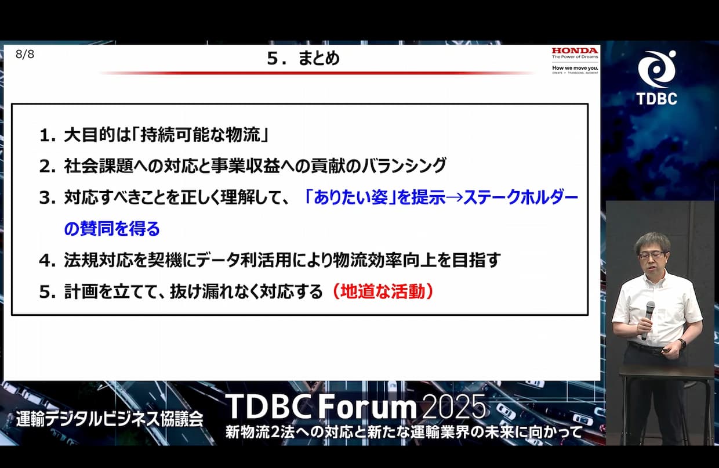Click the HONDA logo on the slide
tap(575, 51)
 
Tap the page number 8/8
tap(25, 55)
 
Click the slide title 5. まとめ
tap(303, 59)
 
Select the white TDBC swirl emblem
tap(657, 69)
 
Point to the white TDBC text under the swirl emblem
tap(657, 99)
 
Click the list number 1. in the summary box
tap(48, 135)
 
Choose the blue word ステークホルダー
tap(520, 197)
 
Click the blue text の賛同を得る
tap(112, 229)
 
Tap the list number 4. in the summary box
tap(48, 261)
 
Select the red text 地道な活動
tap(383, 291)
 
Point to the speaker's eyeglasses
tap(652, 255)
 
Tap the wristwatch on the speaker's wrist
tap(681, 343)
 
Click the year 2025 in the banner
tap(454, 406)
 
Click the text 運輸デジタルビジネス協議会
tap(110, 419)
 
